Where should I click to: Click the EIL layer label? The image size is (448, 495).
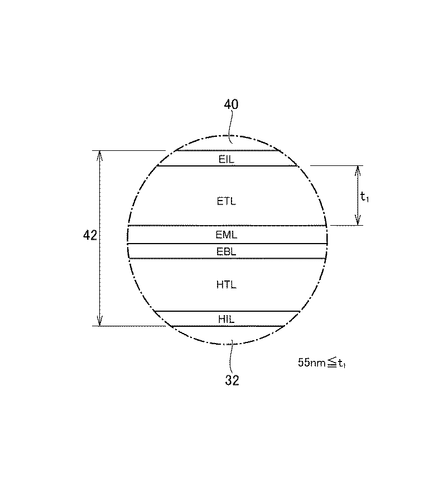pyautogui.click(x=227, y=159)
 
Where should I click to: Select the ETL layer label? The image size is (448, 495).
pyautogui.click(x=227, y=201)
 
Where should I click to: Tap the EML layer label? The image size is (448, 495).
pyautogui.click(x=227, y=235)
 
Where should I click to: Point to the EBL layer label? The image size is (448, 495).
pyautogui.click(x=227, y=251)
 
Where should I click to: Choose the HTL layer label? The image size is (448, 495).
pyautogui.click(x=227, y=284)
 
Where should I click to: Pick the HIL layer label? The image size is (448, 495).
pyautogui.click(x=227, y=319)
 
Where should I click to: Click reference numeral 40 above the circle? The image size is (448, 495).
pyautogui.click(x=231, y=104)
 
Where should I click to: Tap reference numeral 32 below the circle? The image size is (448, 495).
pyautogui.click(x=232, y=380)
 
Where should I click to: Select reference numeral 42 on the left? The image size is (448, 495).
pyautogui.click(x=90, y=235)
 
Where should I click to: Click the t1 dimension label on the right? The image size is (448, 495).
pyautogui.click(x=364, y=197)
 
